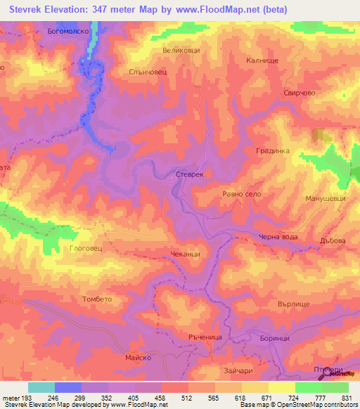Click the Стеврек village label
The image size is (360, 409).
pyautogui.click(x=189, y=174)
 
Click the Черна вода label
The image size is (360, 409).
pyautogui.click(x=278, y=237)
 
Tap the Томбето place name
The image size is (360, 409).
pyautogui.click(x=97, y=298)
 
